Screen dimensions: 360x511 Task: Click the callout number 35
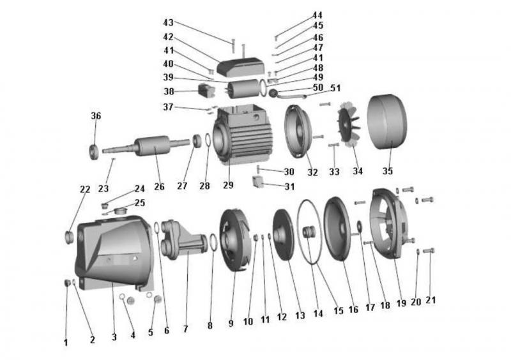pyautogui.click(x=387, y=171)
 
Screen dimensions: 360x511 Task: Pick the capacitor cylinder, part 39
pyautogui.click(x=245, y=89)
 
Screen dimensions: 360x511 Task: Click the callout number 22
pyautogui.click(x=84, y=189)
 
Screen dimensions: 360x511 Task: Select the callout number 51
pyautogui.click(x=335, y=88)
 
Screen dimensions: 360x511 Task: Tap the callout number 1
pyautogui.click(x=65, y=342)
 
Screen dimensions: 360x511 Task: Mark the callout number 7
pyautogui.click(x=185, y=329)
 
